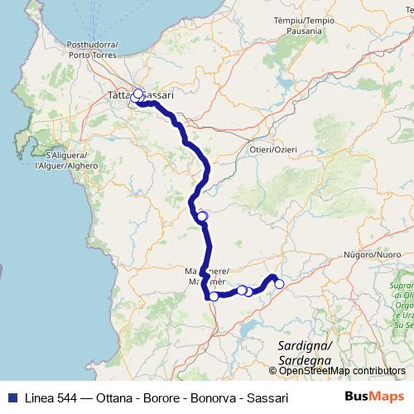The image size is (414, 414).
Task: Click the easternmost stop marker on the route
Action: click(279, 284)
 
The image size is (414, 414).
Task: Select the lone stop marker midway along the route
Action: click(202, 217)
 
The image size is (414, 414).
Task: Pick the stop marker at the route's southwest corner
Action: click(214, 296)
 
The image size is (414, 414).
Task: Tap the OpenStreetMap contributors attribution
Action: click(342, 372)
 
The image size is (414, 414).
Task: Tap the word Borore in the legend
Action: click(150, 397)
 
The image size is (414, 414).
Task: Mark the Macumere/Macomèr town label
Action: click(202, 276)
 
